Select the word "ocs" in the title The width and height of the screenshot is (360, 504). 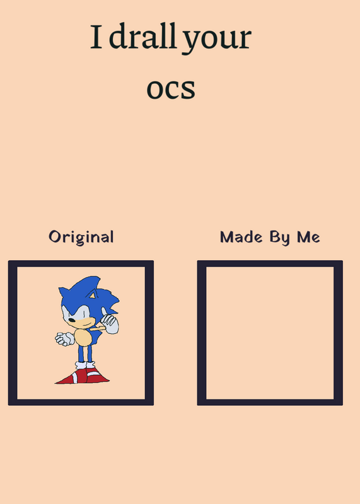[171, 89]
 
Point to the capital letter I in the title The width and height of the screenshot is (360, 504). [96, 37]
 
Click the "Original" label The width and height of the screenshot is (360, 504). [81, 238]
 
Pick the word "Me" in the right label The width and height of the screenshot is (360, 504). [308, 238]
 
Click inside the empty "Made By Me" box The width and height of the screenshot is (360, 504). [270, 333]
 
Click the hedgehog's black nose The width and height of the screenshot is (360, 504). [72, 320]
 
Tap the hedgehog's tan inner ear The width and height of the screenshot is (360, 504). [93, 294]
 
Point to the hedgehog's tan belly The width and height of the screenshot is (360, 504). [83, 337]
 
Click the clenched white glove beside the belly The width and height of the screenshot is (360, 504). [65, 339]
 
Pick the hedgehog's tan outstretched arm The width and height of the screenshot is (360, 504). [97, 329]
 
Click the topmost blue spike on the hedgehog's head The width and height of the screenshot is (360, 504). [91, 278]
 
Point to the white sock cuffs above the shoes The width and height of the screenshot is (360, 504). [85, 365]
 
